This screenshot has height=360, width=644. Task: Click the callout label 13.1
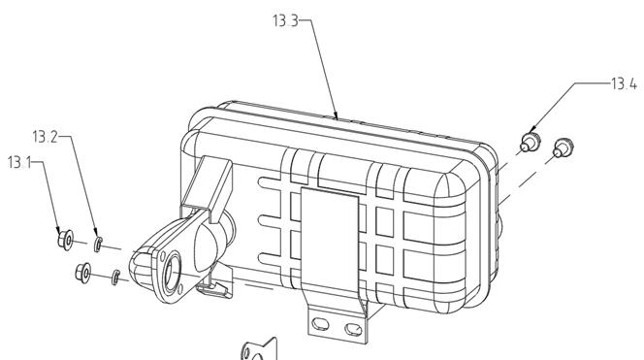(19, 162)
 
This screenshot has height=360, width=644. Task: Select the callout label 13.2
(46, 137)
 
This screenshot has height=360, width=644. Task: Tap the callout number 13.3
(285, 20)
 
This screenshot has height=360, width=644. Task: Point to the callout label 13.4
(624, 83)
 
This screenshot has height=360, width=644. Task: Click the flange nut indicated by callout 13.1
(65, 240)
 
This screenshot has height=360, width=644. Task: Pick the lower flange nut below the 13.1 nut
(83, 273)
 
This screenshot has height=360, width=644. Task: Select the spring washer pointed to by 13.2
(98, 245)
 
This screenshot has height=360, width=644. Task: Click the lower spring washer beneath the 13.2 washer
(115, 277)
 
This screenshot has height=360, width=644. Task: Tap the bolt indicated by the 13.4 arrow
(530, 142)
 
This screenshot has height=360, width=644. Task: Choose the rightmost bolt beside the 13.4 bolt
(563, 148)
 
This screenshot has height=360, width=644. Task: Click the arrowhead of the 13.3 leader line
(336, 115)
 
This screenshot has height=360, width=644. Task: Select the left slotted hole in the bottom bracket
(320, 324)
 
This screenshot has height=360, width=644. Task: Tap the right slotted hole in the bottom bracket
(353, 329)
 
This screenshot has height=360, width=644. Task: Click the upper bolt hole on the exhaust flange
(163, 256)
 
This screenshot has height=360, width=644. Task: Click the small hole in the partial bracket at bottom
(247, 352)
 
